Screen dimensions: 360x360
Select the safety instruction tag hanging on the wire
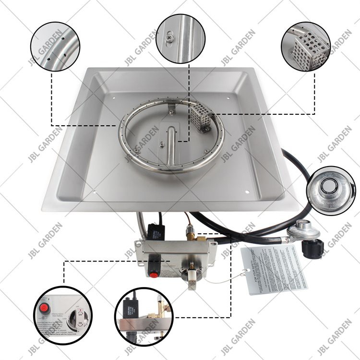pos(274,269)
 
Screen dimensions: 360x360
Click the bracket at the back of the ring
pos(171,111)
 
